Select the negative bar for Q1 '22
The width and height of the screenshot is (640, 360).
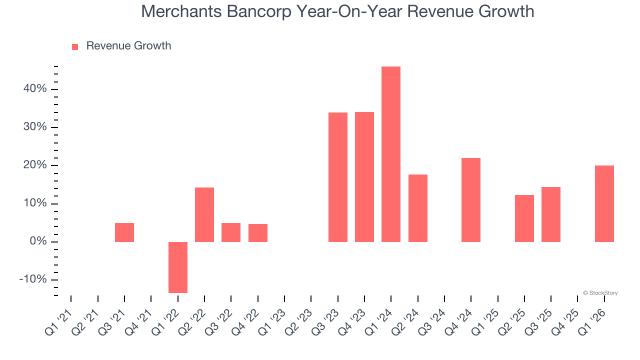[178, 267]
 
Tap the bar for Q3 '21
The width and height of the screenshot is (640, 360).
[124, 232]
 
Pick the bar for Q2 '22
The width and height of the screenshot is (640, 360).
[204, 214]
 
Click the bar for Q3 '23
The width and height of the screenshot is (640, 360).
[338, 177]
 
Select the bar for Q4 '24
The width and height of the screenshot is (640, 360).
[471, 200]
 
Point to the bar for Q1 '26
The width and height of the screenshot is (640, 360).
[604, 203]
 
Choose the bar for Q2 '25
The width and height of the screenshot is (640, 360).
[524, 218]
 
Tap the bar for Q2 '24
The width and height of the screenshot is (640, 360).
[418, 208]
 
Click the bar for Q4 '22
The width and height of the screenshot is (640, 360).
[258, 233]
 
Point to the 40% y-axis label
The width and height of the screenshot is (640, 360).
[34, 89]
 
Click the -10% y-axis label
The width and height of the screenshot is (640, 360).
[33, 279]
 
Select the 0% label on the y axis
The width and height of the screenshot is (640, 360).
[37, 241]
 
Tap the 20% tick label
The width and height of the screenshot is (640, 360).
[34, 165]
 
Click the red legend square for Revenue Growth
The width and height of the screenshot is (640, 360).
[75, 46]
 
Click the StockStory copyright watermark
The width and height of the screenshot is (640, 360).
[600, 293]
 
